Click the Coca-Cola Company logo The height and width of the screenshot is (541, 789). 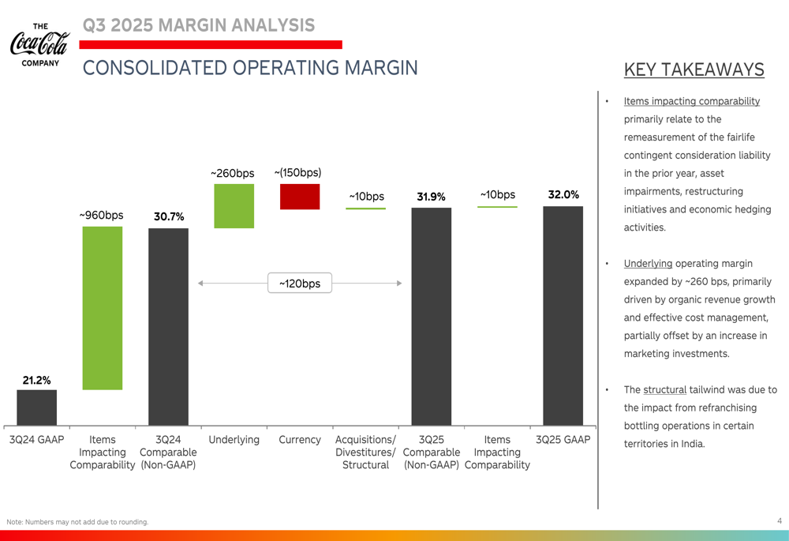pyautogui.click(x=39, y=44)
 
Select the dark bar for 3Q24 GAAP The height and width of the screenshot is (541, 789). pyautogui.click(x=36, y=408)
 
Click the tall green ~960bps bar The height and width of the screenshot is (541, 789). pyautogui.click(x=103, y=308)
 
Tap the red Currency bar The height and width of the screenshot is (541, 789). pyautogui.click(x=300, y=197)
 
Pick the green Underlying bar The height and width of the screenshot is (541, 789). pyautogui.click(x=234, y=206)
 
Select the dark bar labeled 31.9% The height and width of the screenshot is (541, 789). pyautogui.click(x=431, y=316)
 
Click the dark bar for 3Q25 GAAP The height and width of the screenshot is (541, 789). pyautogui.click(x=563, y=316)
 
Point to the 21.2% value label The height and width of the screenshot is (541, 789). pyautogui.click(x=36, y=380)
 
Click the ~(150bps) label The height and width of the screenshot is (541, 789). pyautogui.click(x=297, y=172)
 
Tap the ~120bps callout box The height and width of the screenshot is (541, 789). pyautogui.click(x=300, y=283)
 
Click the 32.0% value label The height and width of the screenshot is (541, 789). pyautogui.click(x=563, y=194)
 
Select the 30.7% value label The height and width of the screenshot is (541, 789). pyautogui.click(x=169, y=216)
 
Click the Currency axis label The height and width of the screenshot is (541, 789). pyautogui.click(x=300, y=440)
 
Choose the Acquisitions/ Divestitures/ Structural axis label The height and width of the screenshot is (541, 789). pyautogui.click(x=365, y=452)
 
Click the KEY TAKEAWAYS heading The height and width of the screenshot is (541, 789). pyautogui.click(x=694, y=70)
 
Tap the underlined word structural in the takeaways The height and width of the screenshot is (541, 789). pyautogui.click(x=664, y=389)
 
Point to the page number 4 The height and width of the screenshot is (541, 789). pyautogui.click(x=779, y=520)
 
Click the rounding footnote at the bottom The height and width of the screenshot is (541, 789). pyautogui.click(x=77, y=522)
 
